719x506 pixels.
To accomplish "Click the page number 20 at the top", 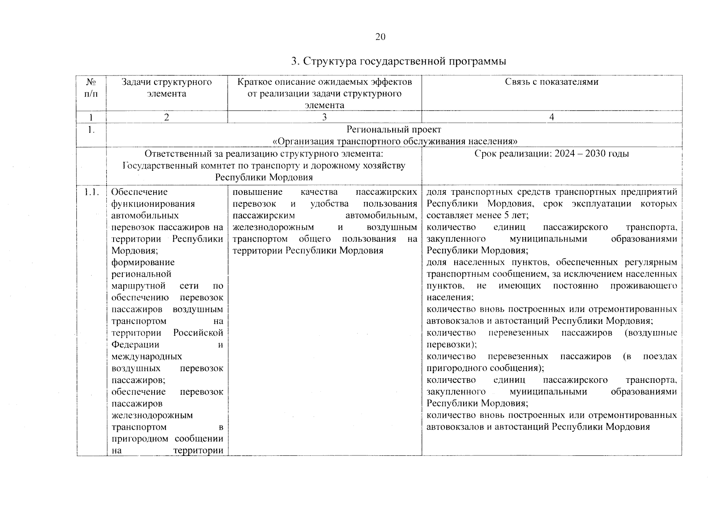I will [380, 37].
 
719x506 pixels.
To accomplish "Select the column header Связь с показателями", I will [551, 82].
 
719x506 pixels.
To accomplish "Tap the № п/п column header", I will [91, 87].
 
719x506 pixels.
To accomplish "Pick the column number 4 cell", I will [551, 117].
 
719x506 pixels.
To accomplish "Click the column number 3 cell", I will [324, 117].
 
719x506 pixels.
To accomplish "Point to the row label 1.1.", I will [91, 192].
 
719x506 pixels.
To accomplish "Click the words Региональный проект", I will [393, 129].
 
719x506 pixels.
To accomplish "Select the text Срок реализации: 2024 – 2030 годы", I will [551, 153].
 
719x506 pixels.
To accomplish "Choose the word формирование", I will [143, 262].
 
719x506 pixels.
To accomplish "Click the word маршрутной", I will [138, 286].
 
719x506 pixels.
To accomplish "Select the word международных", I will [147, 357].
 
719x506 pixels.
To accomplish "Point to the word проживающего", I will [643, 286].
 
